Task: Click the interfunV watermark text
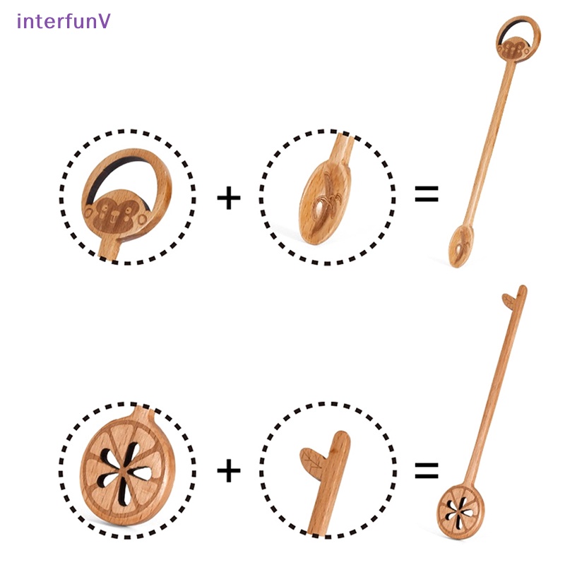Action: coord(63,20)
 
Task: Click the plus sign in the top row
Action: coord(228,198)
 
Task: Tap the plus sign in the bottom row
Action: coord(228,470)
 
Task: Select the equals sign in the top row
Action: coord(426,194)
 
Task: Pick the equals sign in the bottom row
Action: coord(426,470)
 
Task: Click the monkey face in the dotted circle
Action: coord(114,213)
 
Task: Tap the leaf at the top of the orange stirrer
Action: coord(508,300)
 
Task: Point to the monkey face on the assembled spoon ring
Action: coord(513,47)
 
